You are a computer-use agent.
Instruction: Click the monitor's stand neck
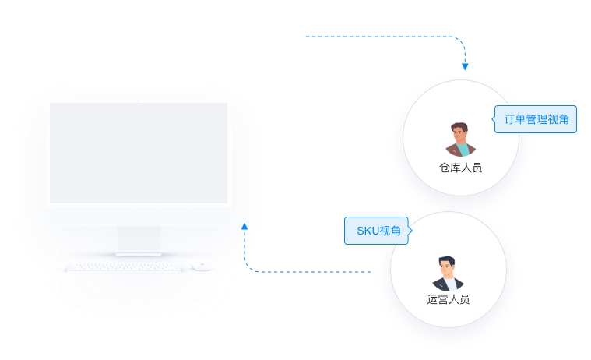point(139,239)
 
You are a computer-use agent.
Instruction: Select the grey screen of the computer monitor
point(139,154)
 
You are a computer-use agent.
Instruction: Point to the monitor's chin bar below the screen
point(139,216)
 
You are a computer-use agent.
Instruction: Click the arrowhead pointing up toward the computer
point(244,227)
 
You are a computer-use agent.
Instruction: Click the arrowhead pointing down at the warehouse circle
point(465,66)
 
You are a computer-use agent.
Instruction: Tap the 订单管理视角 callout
point(536,119)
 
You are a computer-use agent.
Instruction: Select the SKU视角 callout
point(378,230)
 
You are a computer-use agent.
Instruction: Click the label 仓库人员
point(460,168)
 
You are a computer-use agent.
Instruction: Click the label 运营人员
point(449,299)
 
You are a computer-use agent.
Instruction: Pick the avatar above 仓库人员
point(461,139)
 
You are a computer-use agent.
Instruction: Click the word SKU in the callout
point(366,230)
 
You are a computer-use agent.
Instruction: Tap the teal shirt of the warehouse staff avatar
point(463,150)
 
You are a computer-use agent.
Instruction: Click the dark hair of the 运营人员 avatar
point(447,259)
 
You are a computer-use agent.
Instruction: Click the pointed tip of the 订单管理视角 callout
point(494,119)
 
